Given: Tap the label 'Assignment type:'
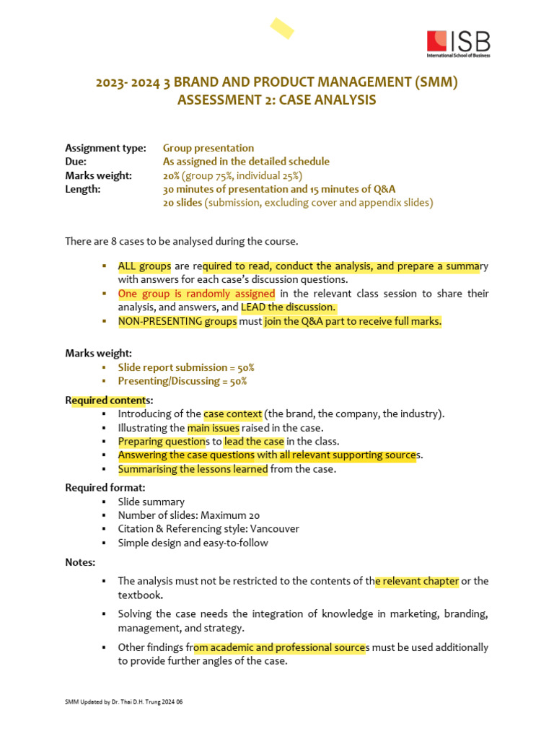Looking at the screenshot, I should point(105,148).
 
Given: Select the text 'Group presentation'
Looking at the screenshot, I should point(208,148).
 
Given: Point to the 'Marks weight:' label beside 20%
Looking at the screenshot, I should point(99,175).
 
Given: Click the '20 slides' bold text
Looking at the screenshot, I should point(183,203).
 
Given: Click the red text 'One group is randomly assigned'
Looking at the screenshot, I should point(196,294).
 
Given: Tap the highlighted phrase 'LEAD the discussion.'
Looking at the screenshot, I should point(289,307).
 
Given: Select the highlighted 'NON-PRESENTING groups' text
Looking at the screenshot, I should point(177,321).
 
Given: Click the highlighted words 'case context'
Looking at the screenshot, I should point(233,414).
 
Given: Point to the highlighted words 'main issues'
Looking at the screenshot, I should point(214,427).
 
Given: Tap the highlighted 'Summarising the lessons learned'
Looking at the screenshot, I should point(193,469).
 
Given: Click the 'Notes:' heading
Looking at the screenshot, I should point(80,562).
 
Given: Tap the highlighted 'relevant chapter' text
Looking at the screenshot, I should point(417,581).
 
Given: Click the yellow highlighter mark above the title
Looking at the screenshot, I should point(281,28).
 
